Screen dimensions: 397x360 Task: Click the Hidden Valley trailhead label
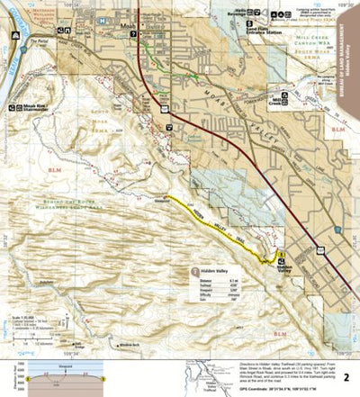point(285,266)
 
